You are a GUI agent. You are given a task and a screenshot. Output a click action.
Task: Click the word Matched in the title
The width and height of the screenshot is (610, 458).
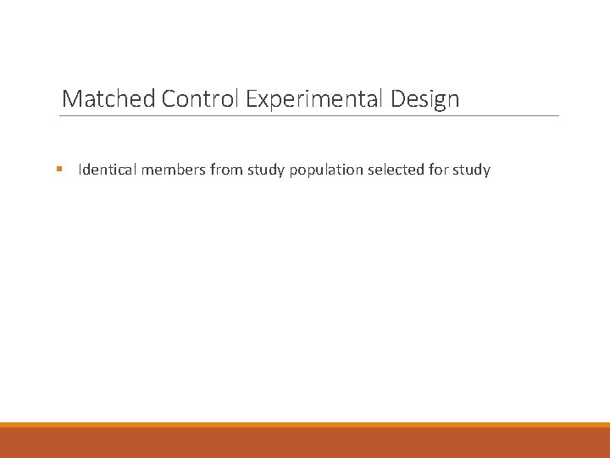[108, 99]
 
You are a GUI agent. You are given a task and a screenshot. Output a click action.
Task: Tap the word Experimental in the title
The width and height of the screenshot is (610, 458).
[315, 100]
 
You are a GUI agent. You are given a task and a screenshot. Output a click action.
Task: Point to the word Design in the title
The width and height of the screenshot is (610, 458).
[425, 99]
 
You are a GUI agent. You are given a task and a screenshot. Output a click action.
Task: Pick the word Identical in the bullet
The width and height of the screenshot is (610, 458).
[108, 170]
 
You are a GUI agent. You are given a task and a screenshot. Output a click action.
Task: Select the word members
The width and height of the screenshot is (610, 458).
[174, 170]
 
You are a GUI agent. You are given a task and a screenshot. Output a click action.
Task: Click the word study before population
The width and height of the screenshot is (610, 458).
[266, 170]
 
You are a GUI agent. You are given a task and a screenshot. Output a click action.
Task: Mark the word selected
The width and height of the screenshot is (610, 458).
[396, 170]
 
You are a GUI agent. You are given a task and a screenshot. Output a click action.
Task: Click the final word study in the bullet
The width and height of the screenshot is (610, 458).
[471, 170]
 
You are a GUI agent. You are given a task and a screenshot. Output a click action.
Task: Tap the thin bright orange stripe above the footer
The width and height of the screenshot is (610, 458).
[305, 425]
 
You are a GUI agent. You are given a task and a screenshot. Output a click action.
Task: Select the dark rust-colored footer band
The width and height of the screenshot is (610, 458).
[305, 443]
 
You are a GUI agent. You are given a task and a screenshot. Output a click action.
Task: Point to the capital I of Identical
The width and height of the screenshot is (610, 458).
[80, 170]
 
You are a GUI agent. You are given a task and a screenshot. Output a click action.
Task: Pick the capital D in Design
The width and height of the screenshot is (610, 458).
[398, 99]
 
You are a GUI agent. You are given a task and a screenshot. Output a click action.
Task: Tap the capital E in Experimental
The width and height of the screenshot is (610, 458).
[252, 99]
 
